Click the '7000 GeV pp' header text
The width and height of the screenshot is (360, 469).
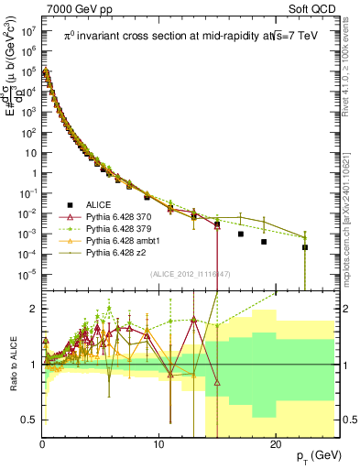73,7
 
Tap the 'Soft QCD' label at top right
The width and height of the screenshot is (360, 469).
314,7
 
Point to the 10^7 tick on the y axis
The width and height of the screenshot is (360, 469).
28,30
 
